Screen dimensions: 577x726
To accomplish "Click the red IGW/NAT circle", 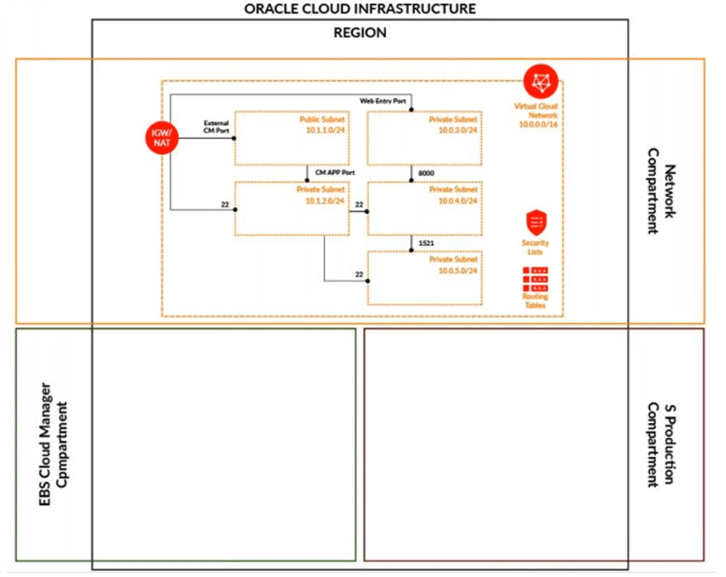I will pyautogui.click(x=157, y=137).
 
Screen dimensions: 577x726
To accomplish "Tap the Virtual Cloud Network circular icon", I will pyautogui.click(x=541, y=81).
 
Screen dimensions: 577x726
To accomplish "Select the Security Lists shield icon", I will pyautogui.click(x=535, y=222).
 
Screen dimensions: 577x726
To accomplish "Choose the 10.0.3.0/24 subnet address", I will pyautogui.click(x=460, y=130).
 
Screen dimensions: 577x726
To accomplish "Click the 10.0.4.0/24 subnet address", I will pyautogui.click(x=460, y=200).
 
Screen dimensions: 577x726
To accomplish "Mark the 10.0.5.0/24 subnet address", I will pyautogui.click(x=460, y=270).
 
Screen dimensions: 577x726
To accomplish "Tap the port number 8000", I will pyautogui.click(x=426, y=174).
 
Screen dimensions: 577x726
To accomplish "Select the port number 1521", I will pyautogui.click(x=426, y=244).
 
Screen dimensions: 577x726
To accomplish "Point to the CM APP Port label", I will pyautogui.click(x=335, y=173).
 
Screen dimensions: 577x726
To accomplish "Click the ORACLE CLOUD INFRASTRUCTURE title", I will pyautogui.click(x=360, y=9).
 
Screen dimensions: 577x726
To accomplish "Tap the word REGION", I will pyautogui.click(x=360, y=33).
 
